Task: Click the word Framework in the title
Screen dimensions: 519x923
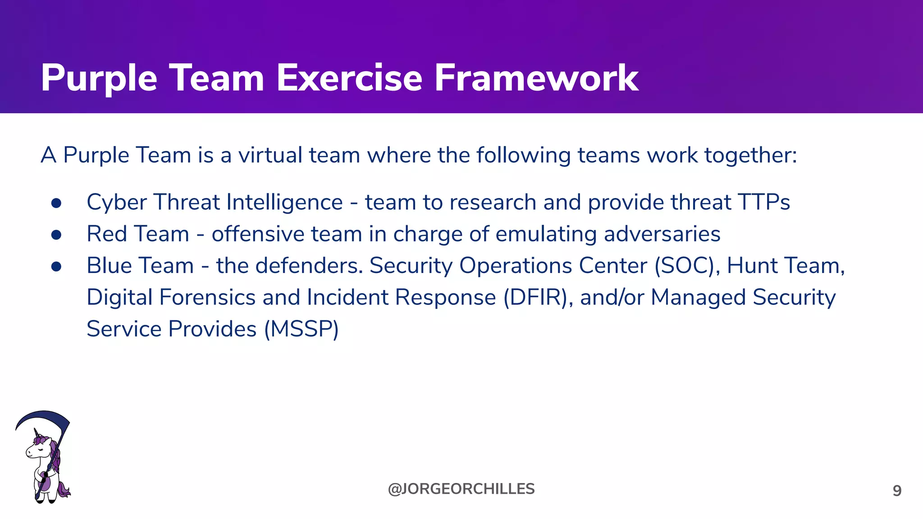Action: tap(536, 78)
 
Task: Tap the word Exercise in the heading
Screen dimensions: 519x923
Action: tap(349, 78)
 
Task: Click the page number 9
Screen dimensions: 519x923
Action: tap(897, 491)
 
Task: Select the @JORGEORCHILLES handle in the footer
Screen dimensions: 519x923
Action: tap(461, 489)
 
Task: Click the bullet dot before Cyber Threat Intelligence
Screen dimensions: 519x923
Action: tap(56, 203)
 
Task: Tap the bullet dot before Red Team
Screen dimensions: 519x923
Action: tap(56, 235)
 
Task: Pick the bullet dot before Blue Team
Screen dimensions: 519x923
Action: tap(56, 267)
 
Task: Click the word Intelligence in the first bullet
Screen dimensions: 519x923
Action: tap(284, 202)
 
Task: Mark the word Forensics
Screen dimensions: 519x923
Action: tap(207, 297)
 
